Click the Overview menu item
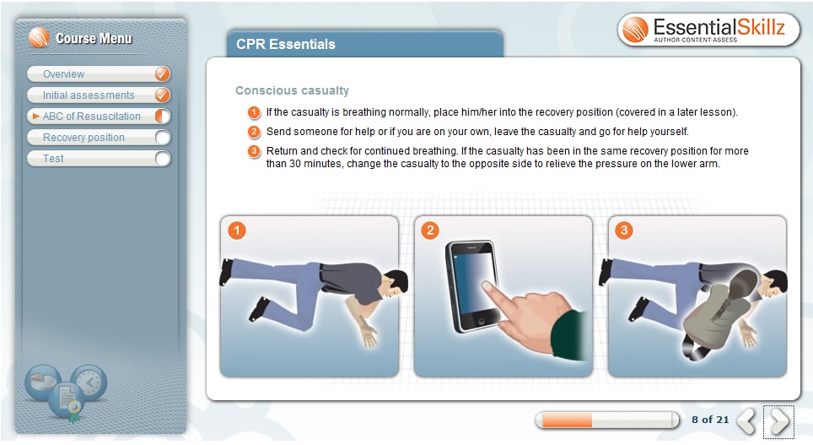[x=64, y=74]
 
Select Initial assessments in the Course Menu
[x=89, y=95]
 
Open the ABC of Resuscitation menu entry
[x=92, y=117]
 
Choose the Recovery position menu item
[x=83, y=138]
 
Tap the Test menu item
[x=53, y=159]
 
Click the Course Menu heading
[x=94, y=38]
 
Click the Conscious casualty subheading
[x=292, y=90]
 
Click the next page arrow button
[x=779, y=421]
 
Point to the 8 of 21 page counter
[x=709, y=420]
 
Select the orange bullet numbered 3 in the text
[x=254, y=151]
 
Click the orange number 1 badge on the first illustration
[x=238, y=231]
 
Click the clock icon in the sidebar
[x=89, y=383]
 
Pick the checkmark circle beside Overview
[x=163, y=74]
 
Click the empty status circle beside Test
[x=163, y=159]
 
